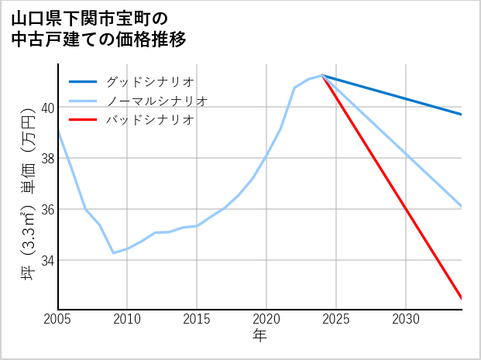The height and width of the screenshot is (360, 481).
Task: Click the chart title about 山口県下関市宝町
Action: [x=100, y=28]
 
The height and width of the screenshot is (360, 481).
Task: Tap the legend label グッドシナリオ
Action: [x=149, y=81]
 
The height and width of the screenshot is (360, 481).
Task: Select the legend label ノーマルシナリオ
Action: [x=156, y=101]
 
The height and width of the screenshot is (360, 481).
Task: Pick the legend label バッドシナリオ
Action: [x=149, y=120]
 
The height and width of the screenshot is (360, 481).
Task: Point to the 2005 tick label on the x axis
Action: [x=57, y=319]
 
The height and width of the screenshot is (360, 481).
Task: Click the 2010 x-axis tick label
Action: [x=127, y=319]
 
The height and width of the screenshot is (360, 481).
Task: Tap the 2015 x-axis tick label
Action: [x=197, y=319]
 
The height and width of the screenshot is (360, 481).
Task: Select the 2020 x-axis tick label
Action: [x=266, y=319]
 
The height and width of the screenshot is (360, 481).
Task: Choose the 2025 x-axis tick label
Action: [x=336, y=319]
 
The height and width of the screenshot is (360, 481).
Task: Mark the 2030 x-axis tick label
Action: [x=406, y=319]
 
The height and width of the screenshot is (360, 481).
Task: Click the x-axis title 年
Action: [x=259, y=335]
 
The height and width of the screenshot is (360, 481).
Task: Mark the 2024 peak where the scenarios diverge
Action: [x=322, y=75]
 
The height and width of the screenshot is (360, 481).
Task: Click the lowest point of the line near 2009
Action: [x=113, y=253]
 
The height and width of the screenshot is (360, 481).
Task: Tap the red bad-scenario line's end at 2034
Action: [x=462, y=298]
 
